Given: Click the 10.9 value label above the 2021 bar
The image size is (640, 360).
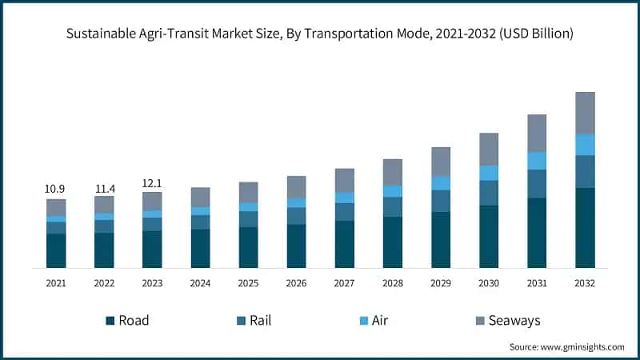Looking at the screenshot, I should pos(55,189).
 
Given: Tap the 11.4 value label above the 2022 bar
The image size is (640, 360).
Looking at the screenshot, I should pos(104,189).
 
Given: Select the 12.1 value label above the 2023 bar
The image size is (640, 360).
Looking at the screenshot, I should pos(152,183).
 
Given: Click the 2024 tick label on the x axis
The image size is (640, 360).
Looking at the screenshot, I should pos(200,283).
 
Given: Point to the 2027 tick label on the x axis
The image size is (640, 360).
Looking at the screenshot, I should pos(345,283).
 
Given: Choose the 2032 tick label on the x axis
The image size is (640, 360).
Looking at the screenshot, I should pos(586,283).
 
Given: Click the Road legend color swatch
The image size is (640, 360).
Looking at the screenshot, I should pos(110,321).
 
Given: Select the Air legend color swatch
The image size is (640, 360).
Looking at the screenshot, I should pos(363,321).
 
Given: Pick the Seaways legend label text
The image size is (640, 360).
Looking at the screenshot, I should pos(515,321).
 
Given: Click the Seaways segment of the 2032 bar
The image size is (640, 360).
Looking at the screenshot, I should pos(586,113).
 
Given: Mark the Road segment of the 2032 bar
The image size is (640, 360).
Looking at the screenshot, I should pos(586,228).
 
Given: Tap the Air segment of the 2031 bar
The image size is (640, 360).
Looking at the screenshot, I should pos(537,161).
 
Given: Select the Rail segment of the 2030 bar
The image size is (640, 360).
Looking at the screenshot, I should pos(489,193).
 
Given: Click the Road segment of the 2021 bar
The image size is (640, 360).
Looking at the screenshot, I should pos(56,250).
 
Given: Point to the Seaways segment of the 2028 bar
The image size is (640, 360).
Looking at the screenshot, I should pos(393,172).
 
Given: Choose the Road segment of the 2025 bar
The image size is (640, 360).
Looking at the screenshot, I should pos(248,247).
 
